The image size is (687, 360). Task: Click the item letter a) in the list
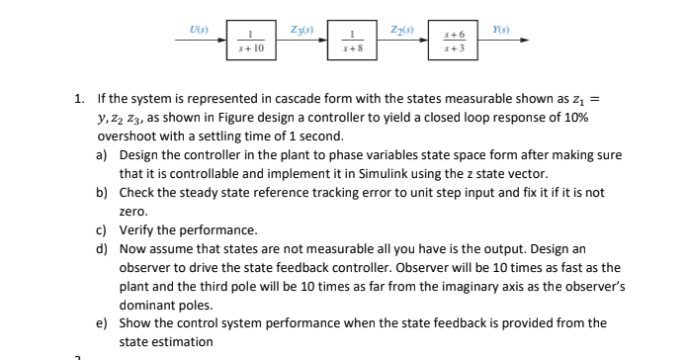[x=102, y=155]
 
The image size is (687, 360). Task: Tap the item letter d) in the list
[x=102, y=249]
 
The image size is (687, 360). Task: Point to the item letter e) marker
[x=102, y=323]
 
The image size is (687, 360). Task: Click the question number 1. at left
[x=79, y=99]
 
